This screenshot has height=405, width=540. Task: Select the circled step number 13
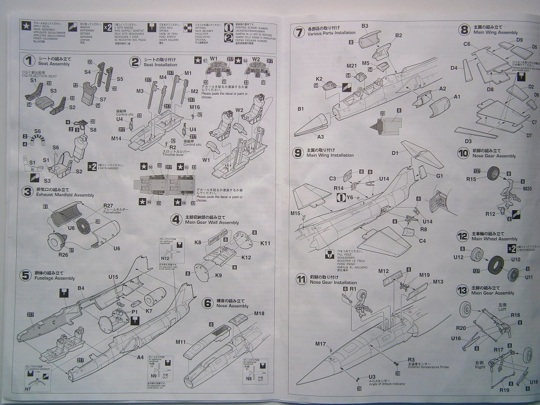(x=462, y=289)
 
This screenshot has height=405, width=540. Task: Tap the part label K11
(x=265, y=243)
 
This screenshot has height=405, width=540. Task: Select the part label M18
(x=259, y=313)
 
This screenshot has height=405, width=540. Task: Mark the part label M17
(x=319, y=344)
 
